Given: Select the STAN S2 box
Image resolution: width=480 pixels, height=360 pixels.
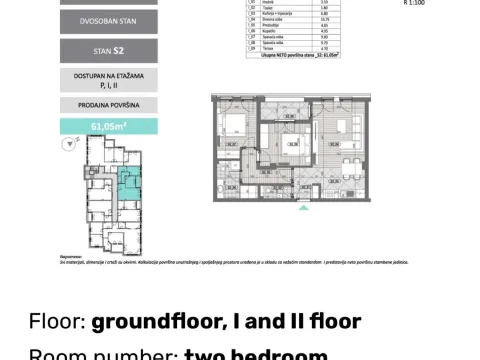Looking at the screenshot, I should (x=107, y=52).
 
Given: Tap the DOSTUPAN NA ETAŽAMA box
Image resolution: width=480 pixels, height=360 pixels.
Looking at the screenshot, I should (x=107, y=80).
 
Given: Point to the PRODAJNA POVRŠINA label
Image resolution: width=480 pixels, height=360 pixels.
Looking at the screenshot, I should (x=107, y=105).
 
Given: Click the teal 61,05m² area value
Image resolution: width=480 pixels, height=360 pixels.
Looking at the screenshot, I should (x=107, y=126).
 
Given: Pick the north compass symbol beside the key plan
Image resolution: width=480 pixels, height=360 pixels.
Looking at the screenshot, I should (x=69, y=144).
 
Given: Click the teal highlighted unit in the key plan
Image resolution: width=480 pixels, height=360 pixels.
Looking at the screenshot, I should (x=129, y=184).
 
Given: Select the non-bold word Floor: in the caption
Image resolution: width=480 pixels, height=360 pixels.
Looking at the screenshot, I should (x=57, y=321).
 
